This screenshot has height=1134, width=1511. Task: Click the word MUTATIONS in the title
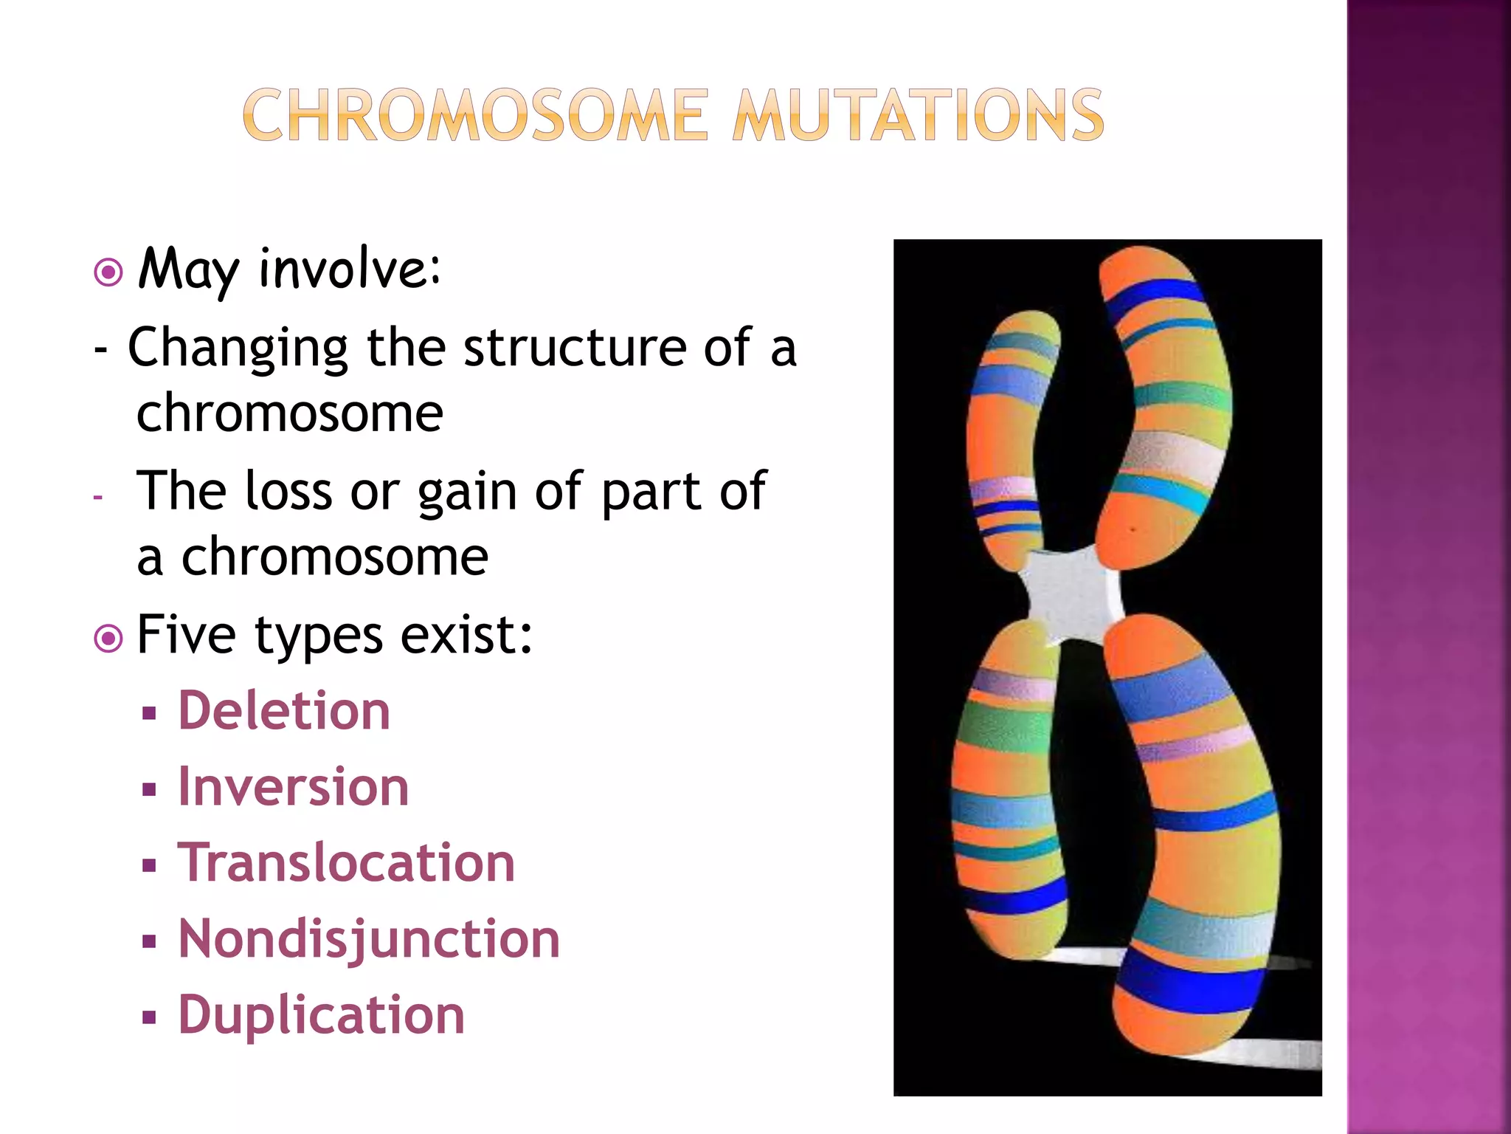[918, 115]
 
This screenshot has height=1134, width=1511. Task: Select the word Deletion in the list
[284, 711]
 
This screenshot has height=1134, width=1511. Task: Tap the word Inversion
[294, 787]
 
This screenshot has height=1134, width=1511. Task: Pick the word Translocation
[346, 863]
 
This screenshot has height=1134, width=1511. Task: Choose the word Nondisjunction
[369, 940]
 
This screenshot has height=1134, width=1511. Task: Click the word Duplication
[322, 1015]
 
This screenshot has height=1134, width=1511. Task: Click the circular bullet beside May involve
[108, 272]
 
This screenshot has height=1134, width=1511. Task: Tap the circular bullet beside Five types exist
[108, 638]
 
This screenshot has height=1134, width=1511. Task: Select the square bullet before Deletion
[150, 714]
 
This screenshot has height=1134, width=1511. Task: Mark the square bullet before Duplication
[150, 1019]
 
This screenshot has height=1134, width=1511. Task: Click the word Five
[187, 635]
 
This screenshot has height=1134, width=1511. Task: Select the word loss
[288, 491]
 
